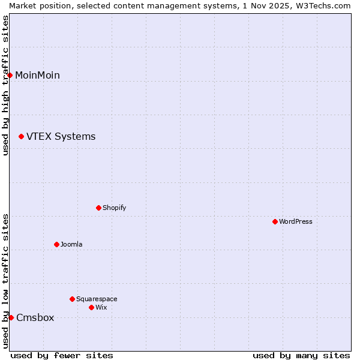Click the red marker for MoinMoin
coord(10,75)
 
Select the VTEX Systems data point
coord(21,137)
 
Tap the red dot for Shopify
coord(98,208)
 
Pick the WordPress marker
coord(275,221)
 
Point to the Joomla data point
coord(56,244)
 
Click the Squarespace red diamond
coord(72,299)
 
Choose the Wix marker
coord(91,307)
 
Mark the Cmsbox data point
coord(11,317)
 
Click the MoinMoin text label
coord(37,75)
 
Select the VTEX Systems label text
coord(61,137)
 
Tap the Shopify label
coord(114,208)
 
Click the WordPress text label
coord(295,221)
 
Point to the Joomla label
coord(71,244)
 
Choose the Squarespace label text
coord(97,299)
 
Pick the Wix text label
coord(101,307)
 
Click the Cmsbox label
coord(35,318)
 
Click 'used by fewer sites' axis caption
coord(62,355)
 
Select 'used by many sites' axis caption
coord(301,355)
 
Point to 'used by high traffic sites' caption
coord(5,85)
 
